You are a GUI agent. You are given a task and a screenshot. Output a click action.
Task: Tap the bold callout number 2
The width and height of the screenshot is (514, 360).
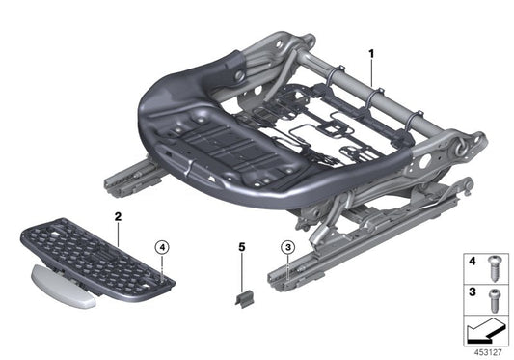click(x=117, y=218)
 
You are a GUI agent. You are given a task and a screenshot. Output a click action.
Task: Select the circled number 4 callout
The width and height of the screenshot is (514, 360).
click(x=163, y=246)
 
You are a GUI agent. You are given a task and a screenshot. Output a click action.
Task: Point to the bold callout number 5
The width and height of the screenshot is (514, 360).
click(x=242, y=248)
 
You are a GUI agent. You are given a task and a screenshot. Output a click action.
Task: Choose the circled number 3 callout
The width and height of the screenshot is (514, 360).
click(x=287, y=248)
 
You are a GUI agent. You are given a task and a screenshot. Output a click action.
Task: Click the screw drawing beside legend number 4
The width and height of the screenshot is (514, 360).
click(x=494, y=263)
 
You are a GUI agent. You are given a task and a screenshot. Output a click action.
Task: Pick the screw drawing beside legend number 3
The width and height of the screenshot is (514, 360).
click(x=494, y=293)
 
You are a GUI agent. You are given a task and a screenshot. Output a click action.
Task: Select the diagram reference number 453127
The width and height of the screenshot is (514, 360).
click(x=487, y=351)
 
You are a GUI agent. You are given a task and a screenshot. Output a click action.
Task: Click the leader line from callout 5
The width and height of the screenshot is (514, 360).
click(x=242, y=270)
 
